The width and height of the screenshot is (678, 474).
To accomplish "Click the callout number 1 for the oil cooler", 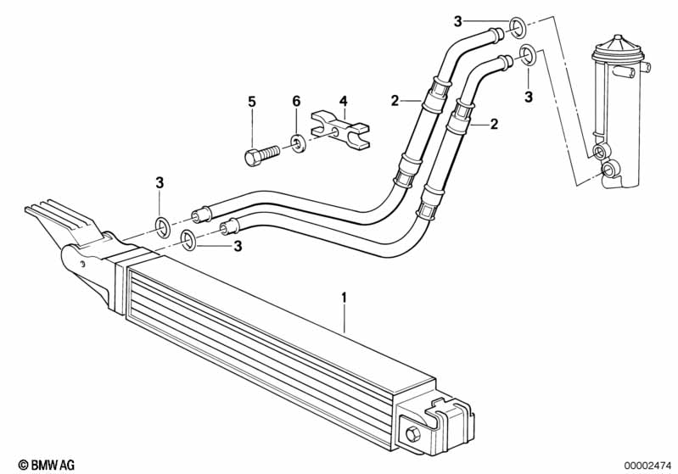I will (344, 298).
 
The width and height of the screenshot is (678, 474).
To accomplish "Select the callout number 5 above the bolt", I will (252, 102).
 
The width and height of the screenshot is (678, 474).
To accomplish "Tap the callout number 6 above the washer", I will (296, 102).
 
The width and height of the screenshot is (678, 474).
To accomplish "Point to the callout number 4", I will (343, 102).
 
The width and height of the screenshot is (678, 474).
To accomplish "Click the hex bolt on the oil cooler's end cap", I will (413, 434).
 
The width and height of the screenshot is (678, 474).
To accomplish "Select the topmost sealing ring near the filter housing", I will (516, 33).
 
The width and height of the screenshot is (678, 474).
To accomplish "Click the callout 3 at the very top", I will (458, 20).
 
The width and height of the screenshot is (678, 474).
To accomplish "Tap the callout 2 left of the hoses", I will (395, 101).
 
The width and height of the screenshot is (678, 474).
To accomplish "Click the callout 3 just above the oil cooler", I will (238, 247).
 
